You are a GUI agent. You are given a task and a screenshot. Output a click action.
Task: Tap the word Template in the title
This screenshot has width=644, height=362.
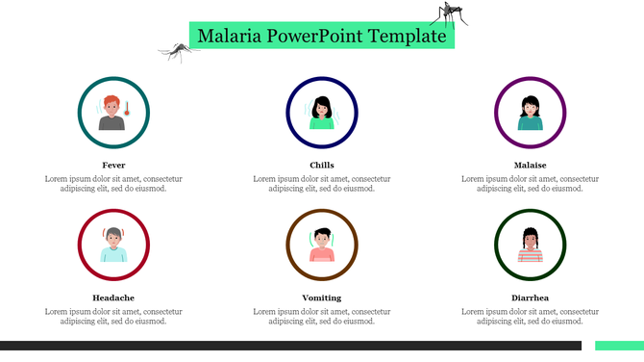[412, 37]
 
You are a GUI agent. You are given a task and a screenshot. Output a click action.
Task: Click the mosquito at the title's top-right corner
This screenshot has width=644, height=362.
[449, 13]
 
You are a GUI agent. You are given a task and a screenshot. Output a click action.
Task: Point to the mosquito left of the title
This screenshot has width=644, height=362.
[176, 50]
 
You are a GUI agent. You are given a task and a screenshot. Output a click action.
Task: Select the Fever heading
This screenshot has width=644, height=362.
[113, 165]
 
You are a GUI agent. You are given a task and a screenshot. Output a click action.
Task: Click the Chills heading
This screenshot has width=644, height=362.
[322, 165]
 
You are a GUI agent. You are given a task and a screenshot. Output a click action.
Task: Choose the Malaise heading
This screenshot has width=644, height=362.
[530, 165]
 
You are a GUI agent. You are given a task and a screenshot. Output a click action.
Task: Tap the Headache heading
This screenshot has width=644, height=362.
[113, 297]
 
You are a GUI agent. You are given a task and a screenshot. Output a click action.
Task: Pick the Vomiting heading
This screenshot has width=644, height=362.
[322, 297]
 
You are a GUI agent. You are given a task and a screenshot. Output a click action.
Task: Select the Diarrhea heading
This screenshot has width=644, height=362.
[530, 297]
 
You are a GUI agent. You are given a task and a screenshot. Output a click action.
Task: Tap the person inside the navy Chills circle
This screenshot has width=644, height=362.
[322, 114]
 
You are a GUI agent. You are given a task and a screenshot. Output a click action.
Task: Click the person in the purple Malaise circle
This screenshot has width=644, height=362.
[530, 114]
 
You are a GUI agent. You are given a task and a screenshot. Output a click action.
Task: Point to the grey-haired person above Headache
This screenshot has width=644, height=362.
[113, 246]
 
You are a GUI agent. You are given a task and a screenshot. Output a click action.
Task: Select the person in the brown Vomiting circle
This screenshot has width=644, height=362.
[322, 246]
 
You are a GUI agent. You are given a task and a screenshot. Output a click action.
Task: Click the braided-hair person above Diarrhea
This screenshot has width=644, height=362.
[530, 246]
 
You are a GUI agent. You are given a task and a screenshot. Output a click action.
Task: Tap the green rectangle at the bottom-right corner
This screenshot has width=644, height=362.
[618, 346]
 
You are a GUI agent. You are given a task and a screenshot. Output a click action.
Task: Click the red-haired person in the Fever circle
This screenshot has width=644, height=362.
[111, 114]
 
